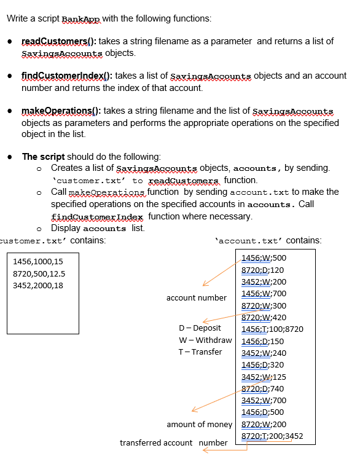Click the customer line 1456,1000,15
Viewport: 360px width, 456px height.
tap(37, 262)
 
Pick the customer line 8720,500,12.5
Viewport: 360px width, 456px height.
tap(39, 273)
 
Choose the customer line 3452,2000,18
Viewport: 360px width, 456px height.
tap(37, 286)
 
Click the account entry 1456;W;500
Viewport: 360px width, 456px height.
tap(264, 257)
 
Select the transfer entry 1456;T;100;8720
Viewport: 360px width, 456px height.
tap(273, 329)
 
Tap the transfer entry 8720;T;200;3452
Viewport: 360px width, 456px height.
tap(273, 436)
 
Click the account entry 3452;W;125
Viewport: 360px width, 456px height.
tap(264, 377)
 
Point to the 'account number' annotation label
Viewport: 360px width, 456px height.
tap(196, 298)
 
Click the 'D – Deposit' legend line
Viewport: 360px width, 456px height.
tap(200, 328)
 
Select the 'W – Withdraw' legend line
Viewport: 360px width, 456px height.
tap(205, 340)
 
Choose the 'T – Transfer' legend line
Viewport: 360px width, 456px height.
tap(200, 352)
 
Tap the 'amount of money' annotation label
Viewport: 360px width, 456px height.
tap(199, 425)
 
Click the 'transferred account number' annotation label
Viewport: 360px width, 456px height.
tap(173, 442)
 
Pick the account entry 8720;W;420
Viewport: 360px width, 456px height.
tap(264, 317)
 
